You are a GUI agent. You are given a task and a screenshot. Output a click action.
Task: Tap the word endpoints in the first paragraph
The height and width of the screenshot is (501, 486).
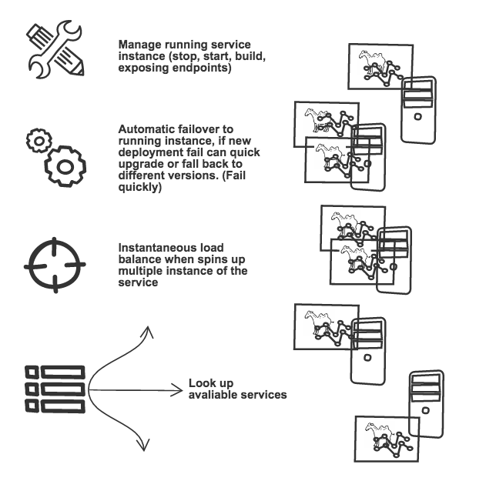206,69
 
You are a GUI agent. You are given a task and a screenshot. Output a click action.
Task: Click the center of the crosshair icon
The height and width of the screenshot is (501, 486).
55,264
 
